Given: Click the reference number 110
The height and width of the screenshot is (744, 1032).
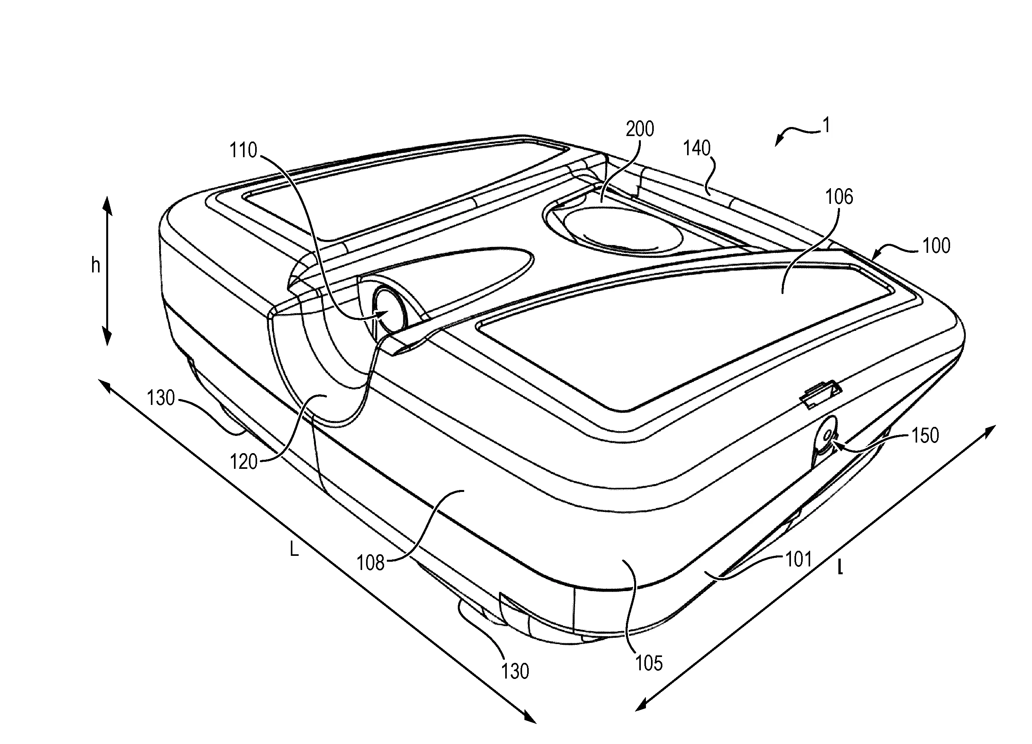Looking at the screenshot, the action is (x=243, y=150).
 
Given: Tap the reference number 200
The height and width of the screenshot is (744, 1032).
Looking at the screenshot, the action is (x=640, y=129).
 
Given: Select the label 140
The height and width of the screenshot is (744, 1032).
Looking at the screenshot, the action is (x=696, y=148).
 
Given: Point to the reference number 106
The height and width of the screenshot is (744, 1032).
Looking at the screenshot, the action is (x=839, y=197).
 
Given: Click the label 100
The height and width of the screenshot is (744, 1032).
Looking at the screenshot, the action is (x=936, y=246).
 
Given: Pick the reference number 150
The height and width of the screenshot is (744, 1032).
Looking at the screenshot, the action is (x=925, y=436).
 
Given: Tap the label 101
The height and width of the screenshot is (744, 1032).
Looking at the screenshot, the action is (x=798, y=559).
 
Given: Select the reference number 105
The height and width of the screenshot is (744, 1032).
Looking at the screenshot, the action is (x=649, y=664).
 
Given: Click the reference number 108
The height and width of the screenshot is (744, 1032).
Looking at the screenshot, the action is (x=371, y=563).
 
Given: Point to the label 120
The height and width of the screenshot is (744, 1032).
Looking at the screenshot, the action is (x=244, y=462).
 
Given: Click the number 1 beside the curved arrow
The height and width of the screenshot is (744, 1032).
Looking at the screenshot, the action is (x=827, y=125).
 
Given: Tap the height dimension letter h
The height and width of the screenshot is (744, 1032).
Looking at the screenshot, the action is (x=96, y=265).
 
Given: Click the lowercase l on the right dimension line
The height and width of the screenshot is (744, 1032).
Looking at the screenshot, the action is (x=840, y=568).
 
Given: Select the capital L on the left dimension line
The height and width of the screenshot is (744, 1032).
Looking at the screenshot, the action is (x=294, y=550).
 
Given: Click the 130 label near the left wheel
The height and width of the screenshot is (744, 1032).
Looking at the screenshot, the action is (x=161, y=398).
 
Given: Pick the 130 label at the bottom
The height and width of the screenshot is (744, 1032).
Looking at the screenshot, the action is (x=515, y=671).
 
